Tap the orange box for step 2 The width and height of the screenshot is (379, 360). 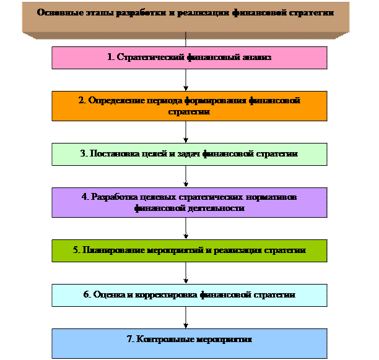(x=189, y=106)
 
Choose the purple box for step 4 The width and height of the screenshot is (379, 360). (x=189, y=202)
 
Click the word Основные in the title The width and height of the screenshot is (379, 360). (x=58, y=12)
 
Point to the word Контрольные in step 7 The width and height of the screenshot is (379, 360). (x=161, y=340)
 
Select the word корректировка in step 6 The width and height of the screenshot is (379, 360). (x=163, y=295)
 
